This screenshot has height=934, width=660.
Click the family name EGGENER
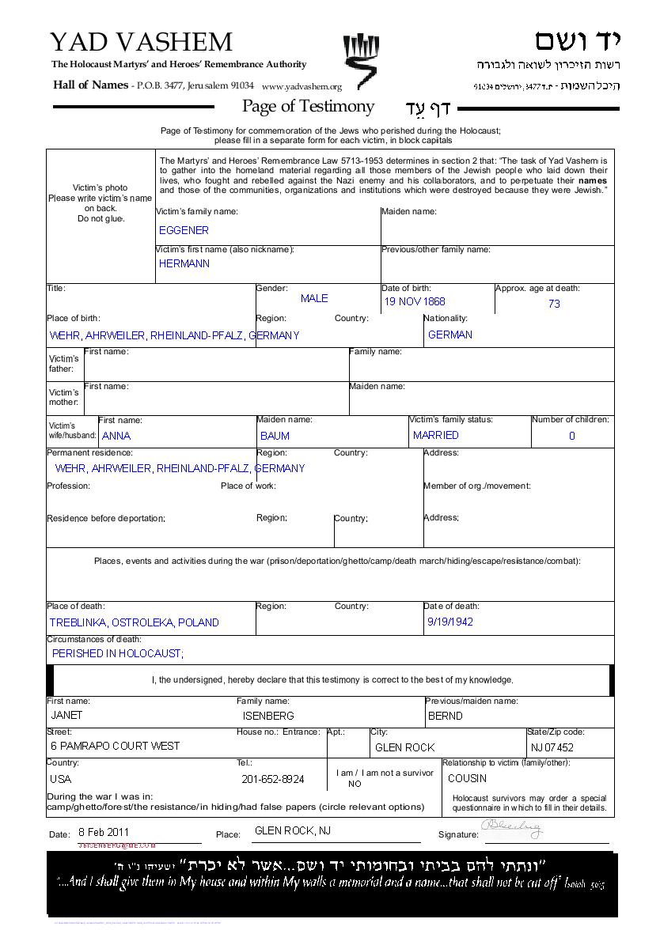coord(184,230)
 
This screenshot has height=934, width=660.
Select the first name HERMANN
coord(184,263)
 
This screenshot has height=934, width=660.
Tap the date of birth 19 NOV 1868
coord(415,301)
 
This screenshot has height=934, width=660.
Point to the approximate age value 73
coord(554,303)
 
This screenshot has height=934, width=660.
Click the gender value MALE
coord(314,298)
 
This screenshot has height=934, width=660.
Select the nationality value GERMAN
coord(449,335)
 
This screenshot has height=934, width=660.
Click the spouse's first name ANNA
coord(116,436)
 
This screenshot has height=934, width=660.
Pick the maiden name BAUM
coord(275,436)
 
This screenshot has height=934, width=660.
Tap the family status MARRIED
coord(435,435)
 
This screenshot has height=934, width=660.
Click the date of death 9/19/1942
coord(449,622)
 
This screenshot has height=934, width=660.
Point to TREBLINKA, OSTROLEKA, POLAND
coord(134,622)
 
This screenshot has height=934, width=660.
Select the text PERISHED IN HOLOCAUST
coord(117,653)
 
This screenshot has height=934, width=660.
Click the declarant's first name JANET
coord(66,715)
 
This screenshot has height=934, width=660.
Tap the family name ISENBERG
coord(268,716)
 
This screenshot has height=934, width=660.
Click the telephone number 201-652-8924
coord(272,779)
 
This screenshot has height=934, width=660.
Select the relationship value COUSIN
coord(467,778)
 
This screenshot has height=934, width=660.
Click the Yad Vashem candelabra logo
coord(359,59)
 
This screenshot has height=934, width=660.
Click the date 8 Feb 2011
coord(104,832)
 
